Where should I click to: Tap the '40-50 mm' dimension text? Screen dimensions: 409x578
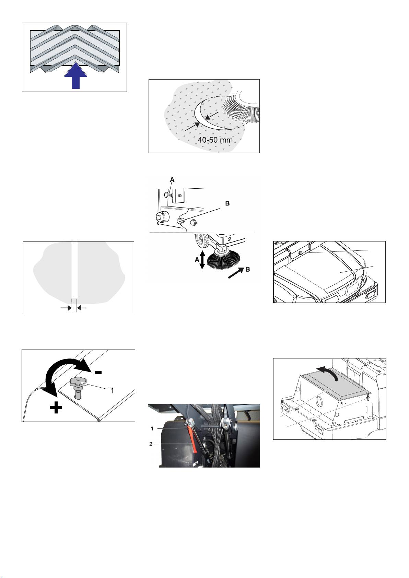point(215,140)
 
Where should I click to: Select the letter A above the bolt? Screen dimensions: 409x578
point(172,179)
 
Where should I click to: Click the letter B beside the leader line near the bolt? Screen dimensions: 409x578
point(227,203)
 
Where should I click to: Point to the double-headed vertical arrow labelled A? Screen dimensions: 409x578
point(202,260)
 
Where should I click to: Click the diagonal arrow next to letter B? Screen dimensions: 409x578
point(236,273)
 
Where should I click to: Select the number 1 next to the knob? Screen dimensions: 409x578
point(112,391)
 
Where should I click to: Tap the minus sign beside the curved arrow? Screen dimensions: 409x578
point(98,372)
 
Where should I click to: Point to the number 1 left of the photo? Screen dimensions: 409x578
point(152,428)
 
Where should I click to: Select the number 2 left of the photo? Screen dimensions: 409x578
point(151,444)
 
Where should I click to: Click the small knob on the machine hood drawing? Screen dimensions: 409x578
point(301,253)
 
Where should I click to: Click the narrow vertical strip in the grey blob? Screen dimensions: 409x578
point(74,270)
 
